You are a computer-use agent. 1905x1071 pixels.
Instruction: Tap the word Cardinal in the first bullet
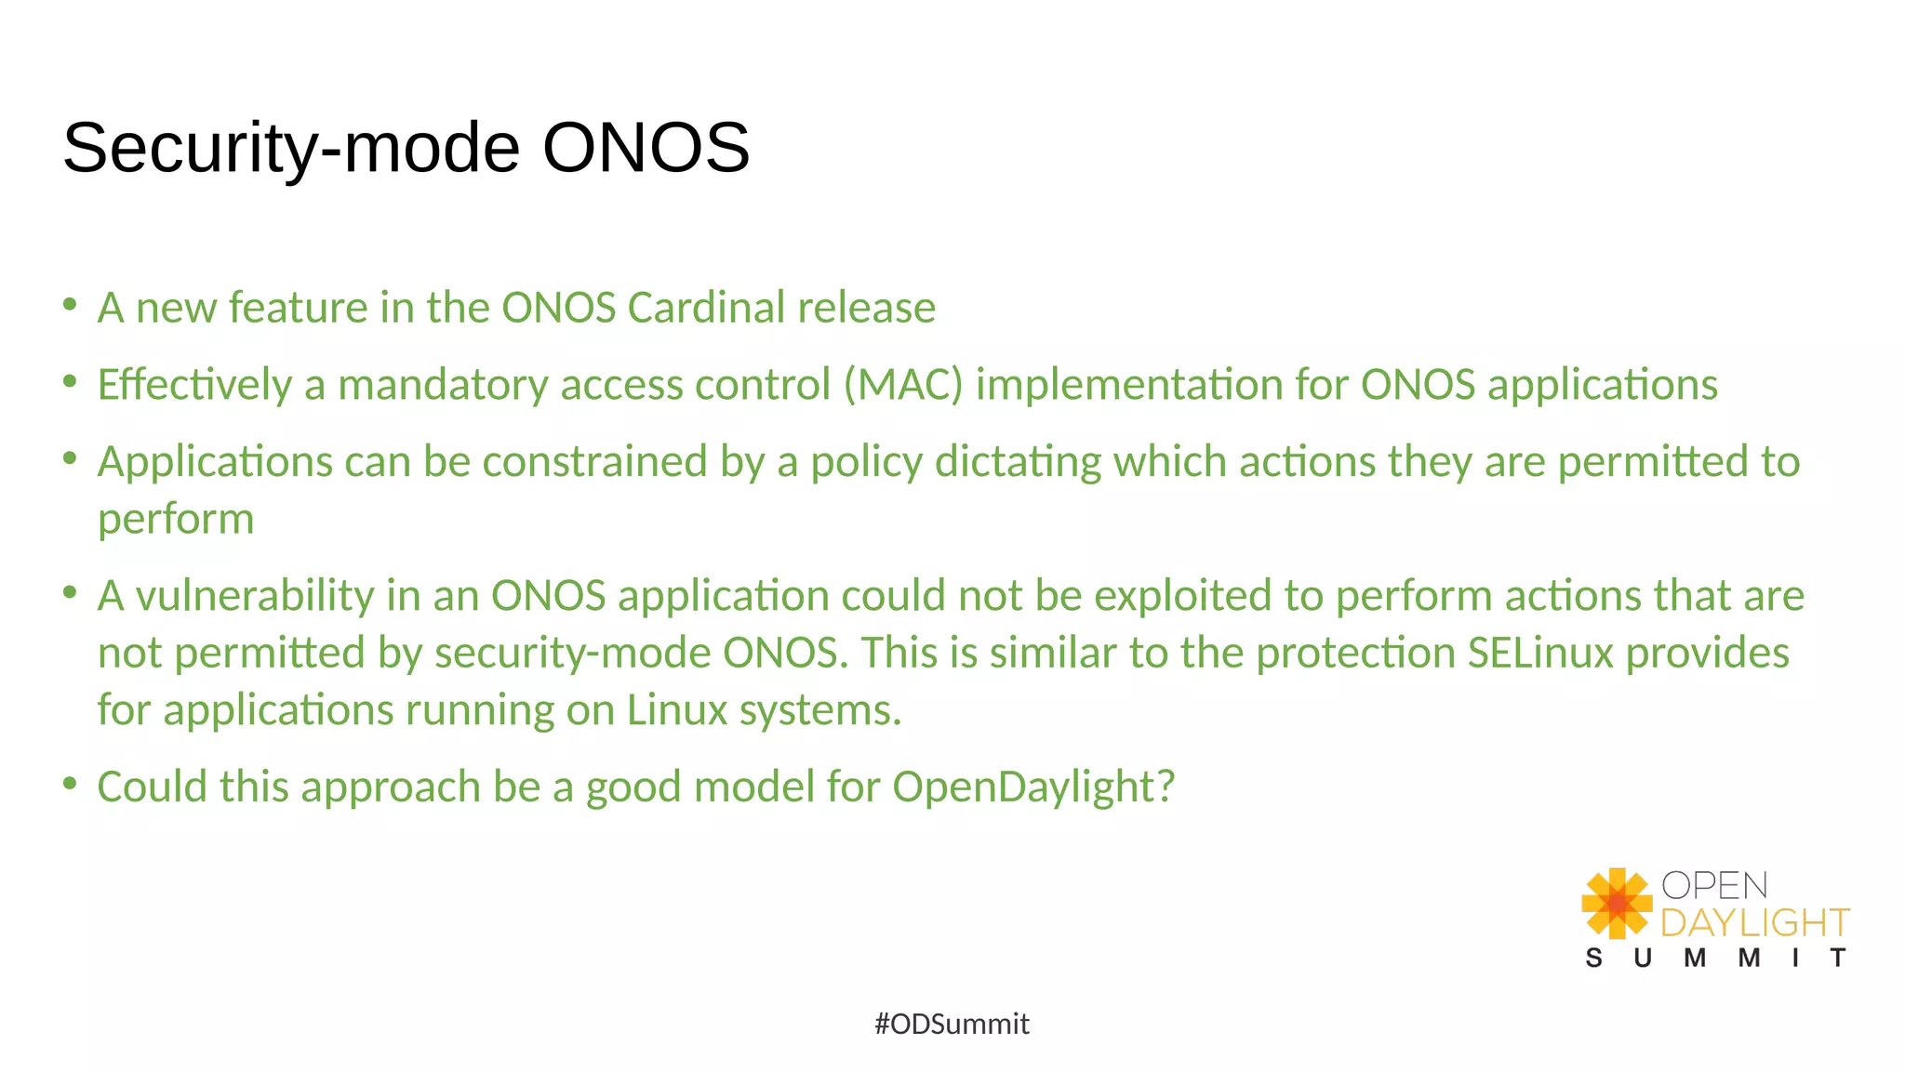click(x=706, y=308)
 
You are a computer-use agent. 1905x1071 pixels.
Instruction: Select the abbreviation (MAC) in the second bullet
click(x=903, y=385)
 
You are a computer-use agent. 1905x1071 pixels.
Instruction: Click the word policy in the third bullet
click(x=866, y=463)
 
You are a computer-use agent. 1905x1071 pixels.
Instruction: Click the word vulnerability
click(x=255, y=596)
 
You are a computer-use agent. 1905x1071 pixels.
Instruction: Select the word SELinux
click(x=1539, y=653)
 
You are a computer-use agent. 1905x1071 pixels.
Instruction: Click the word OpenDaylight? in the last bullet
click(x=1033, y=787)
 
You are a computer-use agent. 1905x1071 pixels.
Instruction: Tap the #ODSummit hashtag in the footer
click(x=952, y=1024)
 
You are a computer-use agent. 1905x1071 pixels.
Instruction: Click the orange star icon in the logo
click(x=1617, y=903)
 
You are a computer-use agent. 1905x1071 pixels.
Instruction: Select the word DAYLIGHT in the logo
click(x=1754, y=922)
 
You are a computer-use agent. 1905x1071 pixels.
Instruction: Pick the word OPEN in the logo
click(x=1714, y=885)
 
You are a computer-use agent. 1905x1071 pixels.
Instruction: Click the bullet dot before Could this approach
click(x=70, y=784)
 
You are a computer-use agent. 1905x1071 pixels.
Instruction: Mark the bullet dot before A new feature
click(x=70, y=305)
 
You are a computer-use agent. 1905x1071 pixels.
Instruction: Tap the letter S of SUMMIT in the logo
click(x=1593, y=958)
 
